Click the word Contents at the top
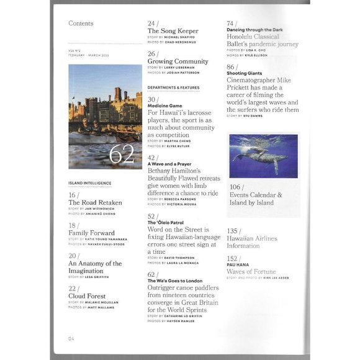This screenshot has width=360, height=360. pyautogui.click(x=81, y=24)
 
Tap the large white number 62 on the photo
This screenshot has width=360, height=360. pyautogui.click(x=122, y=155)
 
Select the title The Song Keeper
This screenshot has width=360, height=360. pyautogui.click(x=173, y=31)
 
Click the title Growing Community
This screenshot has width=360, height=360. pyautogui.click(x=178, y=61)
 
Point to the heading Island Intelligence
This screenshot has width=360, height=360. pyautogui.click(x=90, y=183)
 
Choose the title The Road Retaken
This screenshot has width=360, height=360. pyautogui.click(x=95, y=202)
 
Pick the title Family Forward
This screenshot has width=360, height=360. pyautogui.click(x=94, y=233)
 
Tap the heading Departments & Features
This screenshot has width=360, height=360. pyautogui.click(x=173, y=88)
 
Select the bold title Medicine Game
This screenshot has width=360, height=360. pyautogui.click(x=165, y=106)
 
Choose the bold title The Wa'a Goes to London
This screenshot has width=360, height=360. pyautogui.click(x=176, y=281)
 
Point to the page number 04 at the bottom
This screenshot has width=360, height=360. pyautogui.click(x=72, y=338)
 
